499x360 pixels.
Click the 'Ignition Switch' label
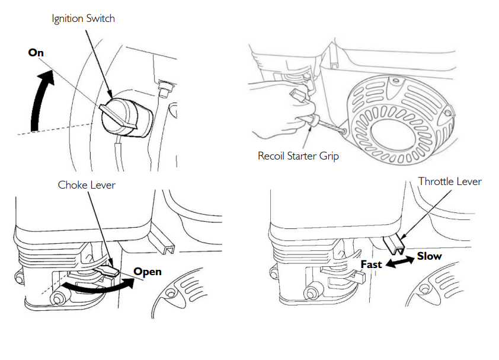pos(83,18)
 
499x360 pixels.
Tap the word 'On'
pos(36,52)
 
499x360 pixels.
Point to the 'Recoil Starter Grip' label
pos(299,156)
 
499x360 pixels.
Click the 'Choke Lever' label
pos(87,185)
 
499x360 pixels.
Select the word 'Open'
pos(148,272)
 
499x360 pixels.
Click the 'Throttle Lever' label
pos(450,181)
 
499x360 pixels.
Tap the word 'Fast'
pos(372,264)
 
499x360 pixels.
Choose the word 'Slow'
pos(429,256)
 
